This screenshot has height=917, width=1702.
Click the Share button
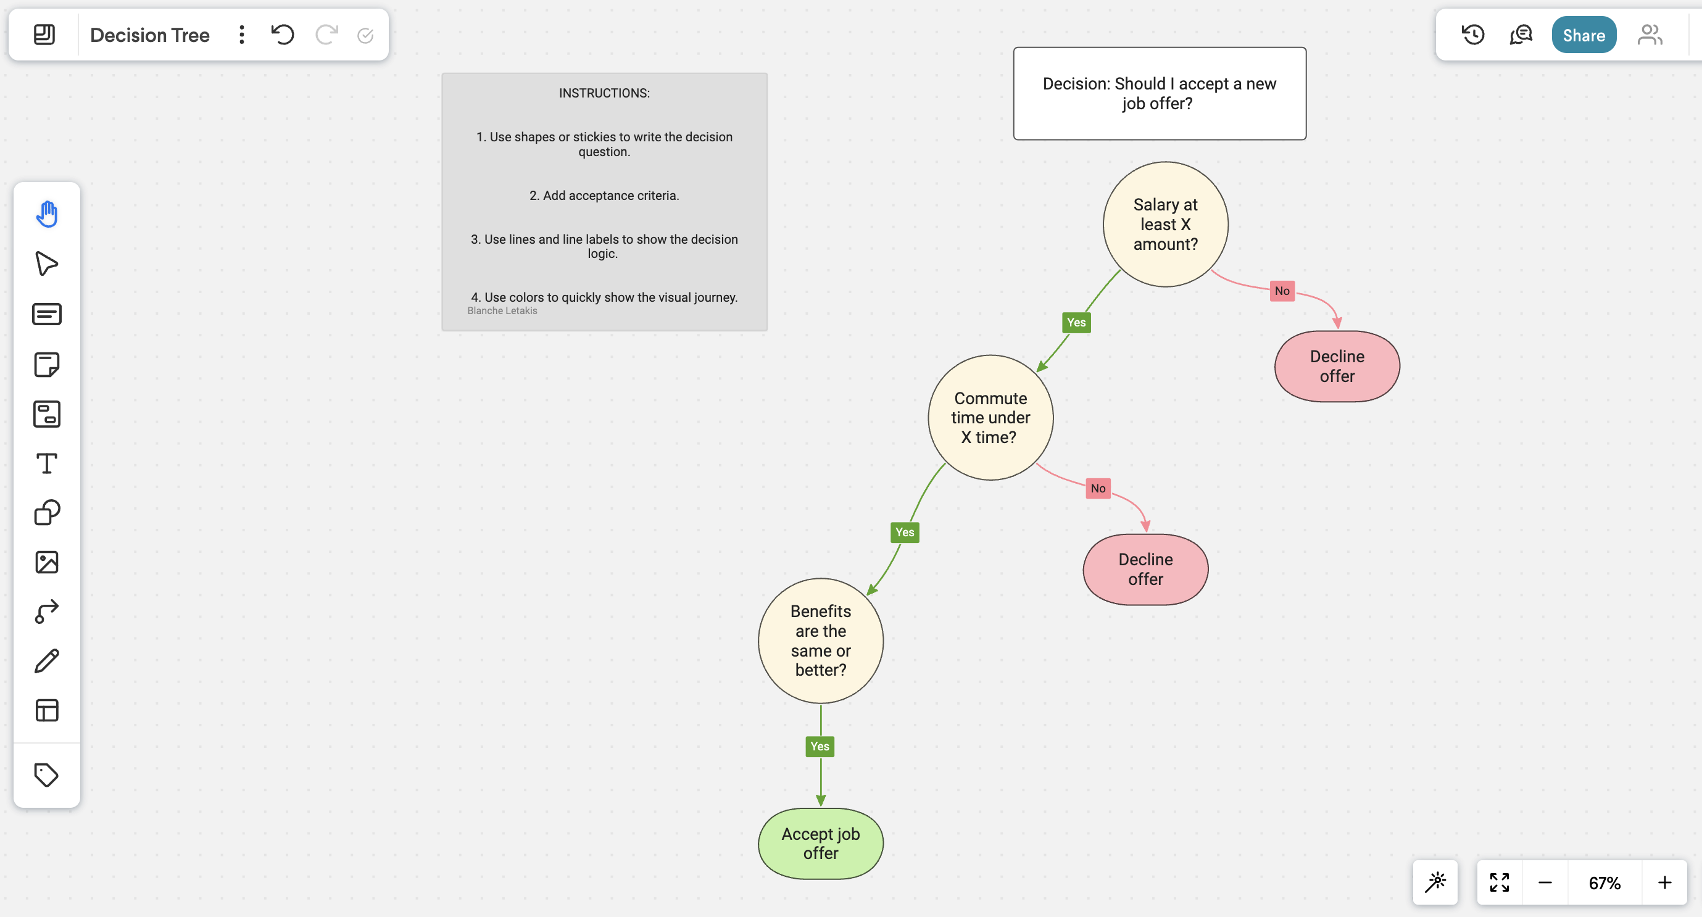(x=1583, y=35)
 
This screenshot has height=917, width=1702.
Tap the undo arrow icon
(x=283, y=35)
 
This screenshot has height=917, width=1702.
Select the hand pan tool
(x=46, y=214)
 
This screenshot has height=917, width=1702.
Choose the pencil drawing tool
(x=46, y=661)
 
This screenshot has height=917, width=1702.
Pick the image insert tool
(x=46, y=562)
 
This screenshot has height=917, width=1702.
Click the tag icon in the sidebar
(x=46, y=774)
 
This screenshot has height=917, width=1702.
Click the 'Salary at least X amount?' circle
(x=1165, y=225)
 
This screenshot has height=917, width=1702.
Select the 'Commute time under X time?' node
(x=990, y=418)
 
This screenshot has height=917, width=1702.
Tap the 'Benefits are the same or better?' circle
(x=820, y=640)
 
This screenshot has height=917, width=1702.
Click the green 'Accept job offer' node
(x=820, y=843)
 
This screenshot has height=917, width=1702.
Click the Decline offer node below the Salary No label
(x=1337, y=366)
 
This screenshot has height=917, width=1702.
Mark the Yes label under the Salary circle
(x=1076, y=322)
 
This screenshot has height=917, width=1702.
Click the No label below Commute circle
(x=1097, y=488)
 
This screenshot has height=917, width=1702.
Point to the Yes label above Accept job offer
(x=820, y=746)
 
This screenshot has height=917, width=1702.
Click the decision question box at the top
(x=1159, y=93)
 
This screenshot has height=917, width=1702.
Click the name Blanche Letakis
(x=502, y=310)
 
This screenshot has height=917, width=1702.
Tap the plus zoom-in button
(x=1664, y=882)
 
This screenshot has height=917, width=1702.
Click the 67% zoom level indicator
(x=1604, y=882)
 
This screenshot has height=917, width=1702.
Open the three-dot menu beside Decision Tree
(x=242, y=35)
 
